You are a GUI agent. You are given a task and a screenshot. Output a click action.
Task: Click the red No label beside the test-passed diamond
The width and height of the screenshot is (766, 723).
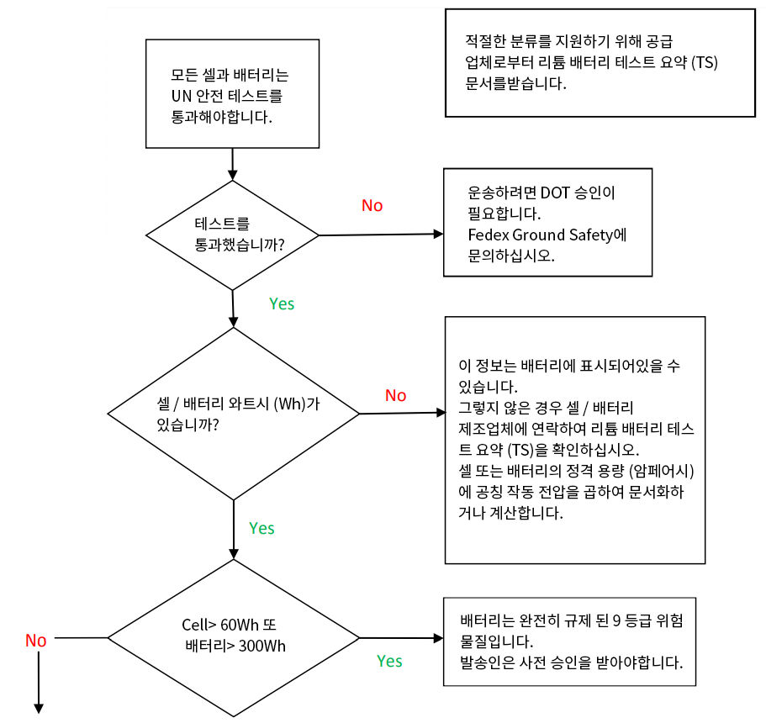tap(372, 206)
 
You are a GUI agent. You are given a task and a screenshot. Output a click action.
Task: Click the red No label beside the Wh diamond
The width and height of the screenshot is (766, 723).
tap(395, 395)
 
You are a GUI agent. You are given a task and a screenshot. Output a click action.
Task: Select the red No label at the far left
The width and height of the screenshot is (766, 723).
tap(35, 641)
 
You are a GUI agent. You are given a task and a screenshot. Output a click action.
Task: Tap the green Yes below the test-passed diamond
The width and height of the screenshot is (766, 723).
tap(282, 303)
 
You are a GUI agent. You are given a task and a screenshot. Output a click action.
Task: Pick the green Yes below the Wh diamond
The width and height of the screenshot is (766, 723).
tap(261, 528)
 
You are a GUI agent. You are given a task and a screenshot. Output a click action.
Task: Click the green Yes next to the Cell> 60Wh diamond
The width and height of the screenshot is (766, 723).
tap(389, 661)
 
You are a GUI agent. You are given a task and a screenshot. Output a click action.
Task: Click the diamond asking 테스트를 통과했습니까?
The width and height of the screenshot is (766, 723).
tap(233, 235)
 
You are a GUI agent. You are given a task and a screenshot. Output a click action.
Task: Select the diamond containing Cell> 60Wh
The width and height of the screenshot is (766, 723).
tap(233, 636)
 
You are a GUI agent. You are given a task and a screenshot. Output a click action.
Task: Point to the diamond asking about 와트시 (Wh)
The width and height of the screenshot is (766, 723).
tap(233, 413)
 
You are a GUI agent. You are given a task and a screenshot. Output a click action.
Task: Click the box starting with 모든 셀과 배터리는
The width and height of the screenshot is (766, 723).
tap(232, 93)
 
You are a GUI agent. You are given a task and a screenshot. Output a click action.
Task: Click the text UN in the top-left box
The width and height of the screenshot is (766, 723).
tap(180, 95)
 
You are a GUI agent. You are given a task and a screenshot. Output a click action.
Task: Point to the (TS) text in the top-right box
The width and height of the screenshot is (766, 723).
tap(708, 62)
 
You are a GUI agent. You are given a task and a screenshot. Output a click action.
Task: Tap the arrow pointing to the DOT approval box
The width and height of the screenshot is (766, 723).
tap(436, 235)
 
